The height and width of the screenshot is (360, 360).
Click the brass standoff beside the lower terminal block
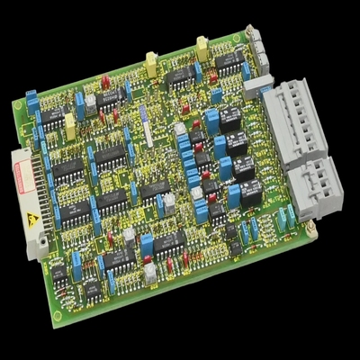[x=311, y=230]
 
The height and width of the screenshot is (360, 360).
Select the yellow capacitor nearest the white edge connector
[x=69, y=132]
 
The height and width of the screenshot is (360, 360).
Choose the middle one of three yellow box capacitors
[x=151, y=62]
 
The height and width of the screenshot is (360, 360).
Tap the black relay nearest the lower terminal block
[x=250, y=191]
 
